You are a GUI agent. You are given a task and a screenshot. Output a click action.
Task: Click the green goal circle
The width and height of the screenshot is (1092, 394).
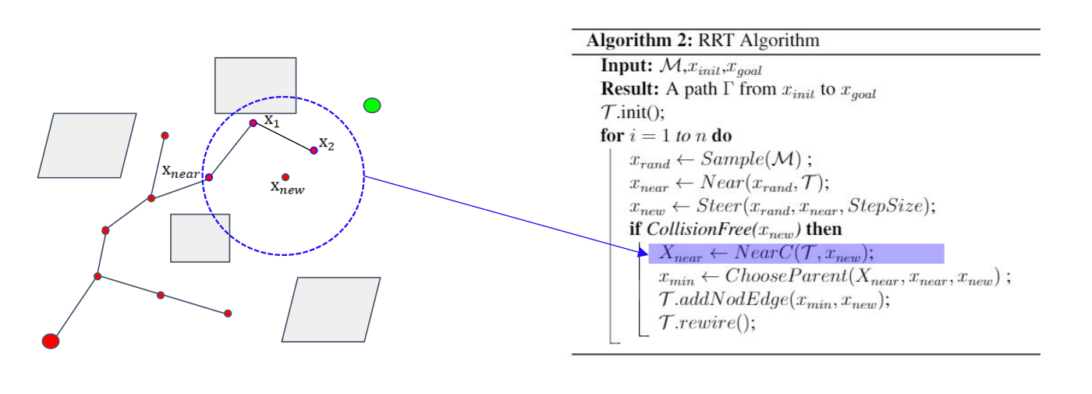(372, 105)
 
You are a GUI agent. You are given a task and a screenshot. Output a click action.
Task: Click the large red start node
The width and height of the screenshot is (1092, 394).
(51, 341)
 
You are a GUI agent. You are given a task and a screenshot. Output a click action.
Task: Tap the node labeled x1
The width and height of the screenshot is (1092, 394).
(253, 123)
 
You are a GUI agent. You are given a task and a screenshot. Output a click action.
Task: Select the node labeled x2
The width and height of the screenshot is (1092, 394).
(314, 150)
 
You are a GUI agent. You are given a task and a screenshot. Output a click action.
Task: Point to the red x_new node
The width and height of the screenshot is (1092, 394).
(285, 177)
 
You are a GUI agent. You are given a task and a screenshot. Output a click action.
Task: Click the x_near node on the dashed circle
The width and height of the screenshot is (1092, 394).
(209, 177)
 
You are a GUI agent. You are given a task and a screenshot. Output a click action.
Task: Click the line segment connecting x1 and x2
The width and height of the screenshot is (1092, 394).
(283, 137)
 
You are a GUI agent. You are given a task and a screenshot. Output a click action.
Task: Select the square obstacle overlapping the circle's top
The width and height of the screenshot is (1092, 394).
(255, 85)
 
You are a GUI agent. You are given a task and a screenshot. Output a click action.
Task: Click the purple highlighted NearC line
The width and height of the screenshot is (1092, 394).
(796, 254)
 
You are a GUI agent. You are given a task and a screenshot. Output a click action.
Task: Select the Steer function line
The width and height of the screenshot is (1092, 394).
(781, 207)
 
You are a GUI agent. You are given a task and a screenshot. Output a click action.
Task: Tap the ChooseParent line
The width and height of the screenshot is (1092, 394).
(834, 277)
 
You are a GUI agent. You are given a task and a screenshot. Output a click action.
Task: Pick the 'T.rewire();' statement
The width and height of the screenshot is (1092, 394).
(707, 324)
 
